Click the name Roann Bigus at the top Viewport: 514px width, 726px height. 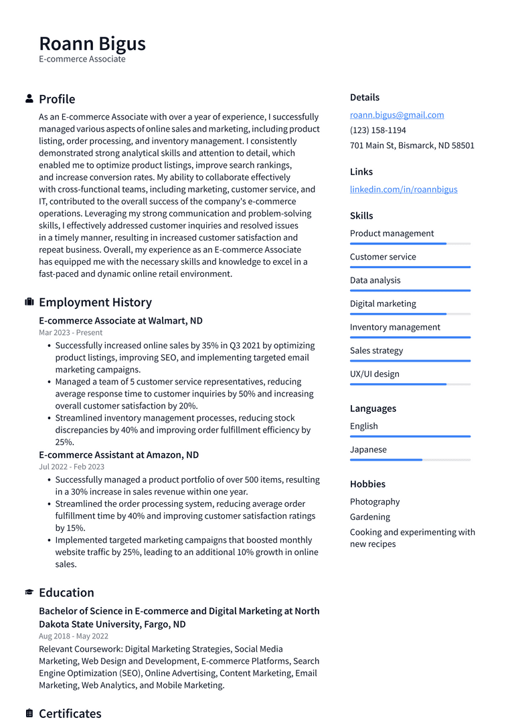pyautogui.click(x=92, y=43)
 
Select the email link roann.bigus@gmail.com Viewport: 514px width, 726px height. pyautogui.click(x=397, y=115)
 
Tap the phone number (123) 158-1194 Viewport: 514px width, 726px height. pyautogui.click(x=377, y=130)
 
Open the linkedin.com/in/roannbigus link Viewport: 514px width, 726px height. pyautogui.click(x=404, y=189)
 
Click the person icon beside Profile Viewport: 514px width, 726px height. pyautogui.click(x=29, y=99)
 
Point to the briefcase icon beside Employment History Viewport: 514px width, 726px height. pyautogui.click(x=29, y=302)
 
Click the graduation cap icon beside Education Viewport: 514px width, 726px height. pyautogui.click(x=29, y=592)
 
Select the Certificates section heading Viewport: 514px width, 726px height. pyautogui.click(x=70, y=713)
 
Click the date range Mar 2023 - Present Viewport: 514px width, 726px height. pyautogui.click(x=71, y=332)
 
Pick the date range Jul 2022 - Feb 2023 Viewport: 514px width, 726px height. pyautogui.click(x=72, y=467)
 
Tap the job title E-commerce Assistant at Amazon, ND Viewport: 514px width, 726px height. pyautogui.click(x=118, y=455)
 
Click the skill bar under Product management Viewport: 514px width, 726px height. pyautogui.click(x=410, y=244)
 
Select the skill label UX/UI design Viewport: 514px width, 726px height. pyautogui.click(x=374, y=374)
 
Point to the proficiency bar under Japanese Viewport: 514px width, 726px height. pyautogui.click(x=410, y=460)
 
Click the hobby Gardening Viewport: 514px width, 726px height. pyautogui.click(x=369, y=517)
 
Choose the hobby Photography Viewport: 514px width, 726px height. pyautogui.click(x=375, y=501)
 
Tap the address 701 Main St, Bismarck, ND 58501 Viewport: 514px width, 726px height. pyautogui.click(x=412, y=146)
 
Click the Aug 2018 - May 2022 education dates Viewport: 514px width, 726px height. pyautogui.click(x=74, y=636)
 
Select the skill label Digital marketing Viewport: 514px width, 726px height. pyautogui.click(x=383, y=304)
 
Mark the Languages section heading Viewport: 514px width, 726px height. pyautogui.click(x=373, y=408)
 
